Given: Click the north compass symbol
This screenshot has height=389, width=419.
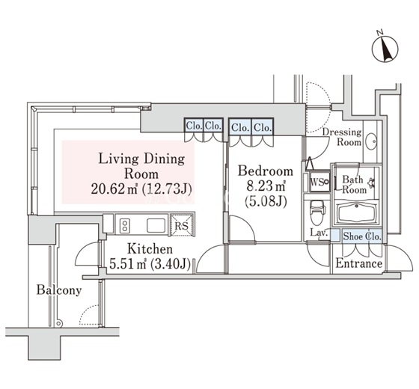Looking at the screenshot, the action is [x=385, y=49].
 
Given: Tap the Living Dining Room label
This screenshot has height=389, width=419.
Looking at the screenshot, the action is [x=141, y=166].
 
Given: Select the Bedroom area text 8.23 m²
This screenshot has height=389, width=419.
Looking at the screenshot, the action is [x=266, y=186].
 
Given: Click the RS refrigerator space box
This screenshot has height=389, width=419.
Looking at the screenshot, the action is [x=181, y=225].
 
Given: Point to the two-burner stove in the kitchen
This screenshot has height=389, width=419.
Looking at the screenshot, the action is [x=125, y=225].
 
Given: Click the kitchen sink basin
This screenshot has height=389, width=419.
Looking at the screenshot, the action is [x=156, y=225].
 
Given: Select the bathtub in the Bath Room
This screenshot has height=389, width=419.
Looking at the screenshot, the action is [x=356, y=213].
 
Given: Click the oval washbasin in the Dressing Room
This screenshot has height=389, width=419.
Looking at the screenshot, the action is [x=371, y=141].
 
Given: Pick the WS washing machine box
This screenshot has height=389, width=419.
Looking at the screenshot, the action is [x=319, y=182].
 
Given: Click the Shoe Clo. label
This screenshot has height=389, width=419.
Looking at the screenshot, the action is [x=362, y=236].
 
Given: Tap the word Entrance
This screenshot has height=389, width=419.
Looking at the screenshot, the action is [x=358, y=263].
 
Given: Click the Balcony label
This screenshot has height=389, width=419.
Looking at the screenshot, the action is [x=59, y=290].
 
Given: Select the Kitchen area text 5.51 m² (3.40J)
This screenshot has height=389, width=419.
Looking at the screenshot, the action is [x=150, y=264].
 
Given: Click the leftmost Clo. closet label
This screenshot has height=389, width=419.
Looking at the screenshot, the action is [x=194, y=126].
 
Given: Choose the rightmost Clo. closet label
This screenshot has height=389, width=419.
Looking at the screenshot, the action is [x=263, y=127].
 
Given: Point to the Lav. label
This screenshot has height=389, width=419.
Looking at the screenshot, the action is [x=319, y=233].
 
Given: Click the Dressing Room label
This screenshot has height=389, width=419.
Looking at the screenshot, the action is [x=342, y=137].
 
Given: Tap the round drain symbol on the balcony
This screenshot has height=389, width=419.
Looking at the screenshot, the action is [x=59, y=324].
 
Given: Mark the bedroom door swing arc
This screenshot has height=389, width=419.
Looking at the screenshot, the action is [x=247, y=224].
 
